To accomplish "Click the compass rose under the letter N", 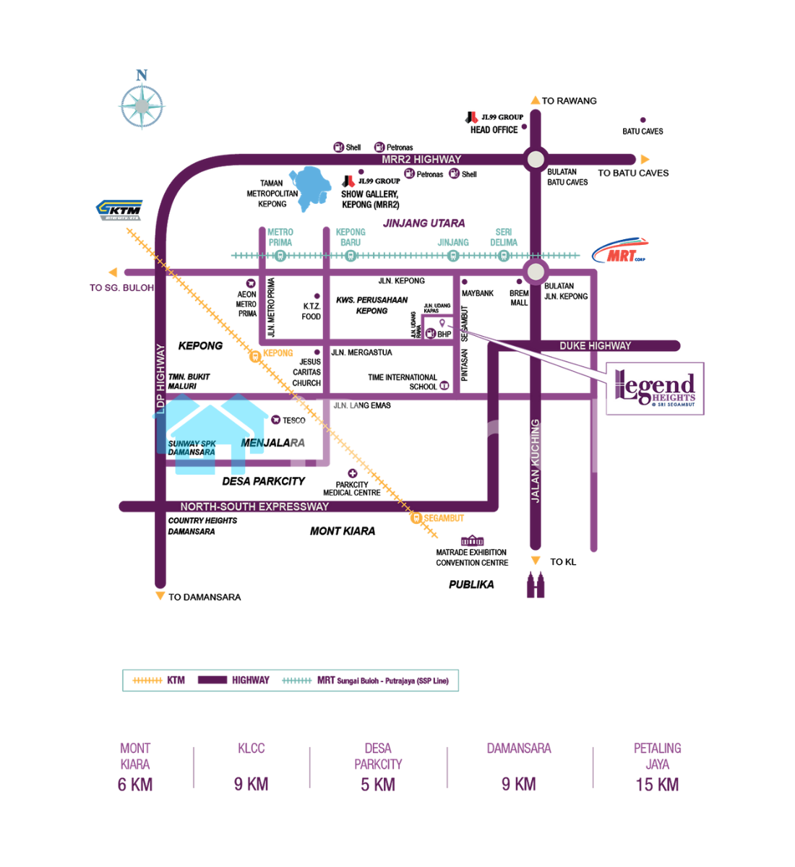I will tap(142, 107).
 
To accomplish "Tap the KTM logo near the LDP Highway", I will tap(120, 210).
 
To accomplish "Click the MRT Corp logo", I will tap(619, 251).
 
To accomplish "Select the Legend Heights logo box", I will tap(655, 389).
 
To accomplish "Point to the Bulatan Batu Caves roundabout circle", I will tap(535, 159).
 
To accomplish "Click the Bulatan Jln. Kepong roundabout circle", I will tap(535, 272).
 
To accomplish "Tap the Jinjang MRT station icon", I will tap(453, 256).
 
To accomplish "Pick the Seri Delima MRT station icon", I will tap(504, 256).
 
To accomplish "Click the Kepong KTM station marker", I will tap(254, 355).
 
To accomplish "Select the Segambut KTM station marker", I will tap(416, 518).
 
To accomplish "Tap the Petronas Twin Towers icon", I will tap(536, 585).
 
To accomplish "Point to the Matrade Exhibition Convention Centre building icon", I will tap(472, 540).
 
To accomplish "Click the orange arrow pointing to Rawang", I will tap(535, 100).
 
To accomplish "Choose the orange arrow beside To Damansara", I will tap(160, 596).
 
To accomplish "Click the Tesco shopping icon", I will tap(275, 420).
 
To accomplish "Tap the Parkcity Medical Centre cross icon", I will tap(352, 474).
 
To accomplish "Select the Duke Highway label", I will tap(595, 346).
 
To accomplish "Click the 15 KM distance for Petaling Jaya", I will tap(657, 785).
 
